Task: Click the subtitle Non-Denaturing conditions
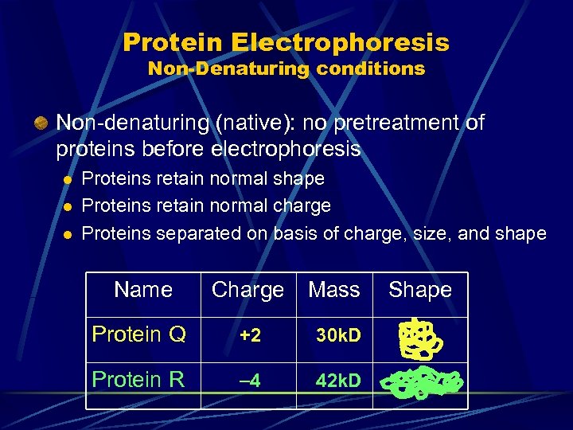tap(286, 68)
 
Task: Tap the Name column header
tap(143, 290)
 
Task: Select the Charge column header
tap(248, 291)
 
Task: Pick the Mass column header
tap(333, 290)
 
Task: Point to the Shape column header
tap(420, 290)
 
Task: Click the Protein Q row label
tap(139, 334)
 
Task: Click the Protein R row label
tap(138, 380)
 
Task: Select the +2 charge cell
tap(250, 336)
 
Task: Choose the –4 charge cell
tap(250, 381)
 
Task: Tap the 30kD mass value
tap(338, 336)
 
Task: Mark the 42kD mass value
tap(338, 381)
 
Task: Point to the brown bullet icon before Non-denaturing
tap(39, 123)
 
